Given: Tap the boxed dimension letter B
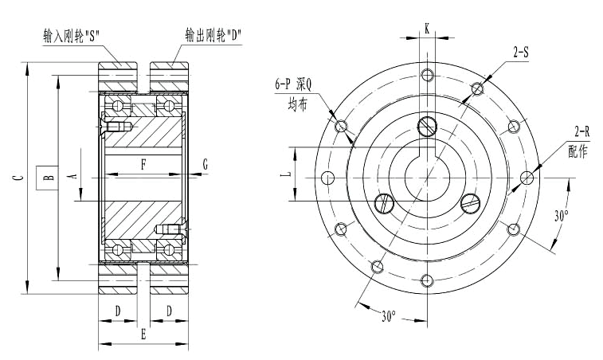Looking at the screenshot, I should tap(48, 178).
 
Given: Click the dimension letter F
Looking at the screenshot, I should tap(143, 165).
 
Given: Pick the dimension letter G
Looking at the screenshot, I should tap(205, 165).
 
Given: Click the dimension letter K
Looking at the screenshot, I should tap(427, 28).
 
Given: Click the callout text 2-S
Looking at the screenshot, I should tap(523, 52).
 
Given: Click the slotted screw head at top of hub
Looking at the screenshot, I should tap(427, 125).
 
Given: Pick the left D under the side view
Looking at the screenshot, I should tap(117, 310).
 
